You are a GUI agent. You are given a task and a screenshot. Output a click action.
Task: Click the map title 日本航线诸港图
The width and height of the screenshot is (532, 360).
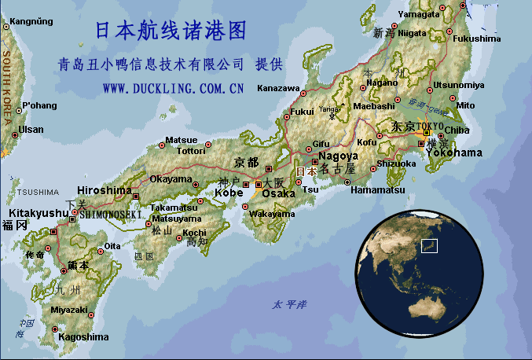(171, 31)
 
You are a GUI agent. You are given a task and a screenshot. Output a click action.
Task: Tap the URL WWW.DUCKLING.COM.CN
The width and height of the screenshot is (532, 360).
(172, 88)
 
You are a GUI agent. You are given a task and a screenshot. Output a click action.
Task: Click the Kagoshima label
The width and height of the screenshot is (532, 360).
(84, 337)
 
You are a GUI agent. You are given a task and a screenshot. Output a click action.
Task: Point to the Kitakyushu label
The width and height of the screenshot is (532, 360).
(39, 213)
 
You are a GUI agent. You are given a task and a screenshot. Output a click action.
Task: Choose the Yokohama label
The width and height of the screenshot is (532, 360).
(454, 152)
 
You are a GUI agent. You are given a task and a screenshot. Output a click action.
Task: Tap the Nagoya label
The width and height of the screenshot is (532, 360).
(339, 156)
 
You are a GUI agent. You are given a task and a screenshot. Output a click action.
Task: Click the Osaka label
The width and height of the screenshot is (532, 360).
(278, 193)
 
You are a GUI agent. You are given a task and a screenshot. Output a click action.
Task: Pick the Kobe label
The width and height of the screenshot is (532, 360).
(229, 193)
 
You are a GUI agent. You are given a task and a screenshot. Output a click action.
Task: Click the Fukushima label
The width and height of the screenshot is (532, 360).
(476, 39)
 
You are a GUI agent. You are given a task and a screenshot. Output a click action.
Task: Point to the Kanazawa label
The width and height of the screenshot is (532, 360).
(278, 87)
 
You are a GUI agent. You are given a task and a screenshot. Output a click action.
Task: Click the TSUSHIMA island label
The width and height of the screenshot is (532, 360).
(37, 192)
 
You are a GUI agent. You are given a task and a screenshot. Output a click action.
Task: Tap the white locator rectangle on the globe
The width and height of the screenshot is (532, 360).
(429, 246)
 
